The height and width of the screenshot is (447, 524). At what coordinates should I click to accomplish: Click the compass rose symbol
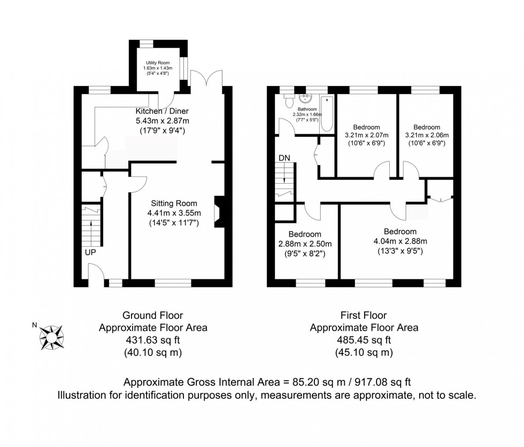click(51, 338)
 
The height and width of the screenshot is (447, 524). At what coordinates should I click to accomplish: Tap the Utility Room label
click(158, 63)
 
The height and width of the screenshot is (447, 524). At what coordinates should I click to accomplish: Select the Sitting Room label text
click(174, 203)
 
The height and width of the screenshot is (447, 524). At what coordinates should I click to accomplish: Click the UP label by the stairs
click(90, 253)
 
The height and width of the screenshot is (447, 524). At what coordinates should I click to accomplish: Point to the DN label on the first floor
click(284, 158)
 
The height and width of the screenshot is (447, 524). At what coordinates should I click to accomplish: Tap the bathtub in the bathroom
click(327, 114)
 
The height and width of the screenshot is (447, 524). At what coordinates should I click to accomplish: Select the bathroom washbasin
click(305, 98)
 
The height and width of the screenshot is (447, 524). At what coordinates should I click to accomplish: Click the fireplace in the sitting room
click(220, 212)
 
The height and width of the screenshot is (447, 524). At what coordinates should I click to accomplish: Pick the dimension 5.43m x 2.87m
click(162, 121)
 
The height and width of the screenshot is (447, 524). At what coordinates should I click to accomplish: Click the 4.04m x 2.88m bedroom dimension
click(400, 241)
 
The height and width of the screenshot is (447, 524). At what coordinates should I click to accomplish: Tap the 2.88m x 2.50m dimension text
click(305, 244)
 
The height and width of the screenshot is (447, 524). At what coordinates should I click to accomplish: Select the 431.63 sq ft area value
click(153, 340)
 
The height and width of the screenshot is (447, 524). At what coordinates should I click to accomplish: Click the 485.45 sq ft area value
click(364, 340)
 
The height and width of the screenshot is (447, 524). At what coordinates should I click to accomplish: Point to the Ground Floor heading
click(153, 315)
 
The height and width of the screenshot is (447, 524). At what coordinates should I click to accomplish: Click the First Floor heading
click(364, 315)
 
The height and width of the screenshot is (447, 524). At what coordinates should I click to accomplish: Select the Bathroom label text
click(307, 109)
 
